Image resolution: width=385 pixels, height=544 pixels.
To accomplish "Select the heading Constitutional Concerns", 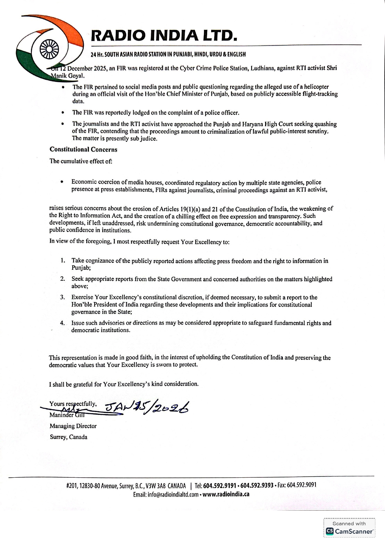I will pos(84,149).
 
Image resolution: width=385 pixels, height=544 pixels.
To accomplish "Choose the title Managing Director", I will pos(73,426).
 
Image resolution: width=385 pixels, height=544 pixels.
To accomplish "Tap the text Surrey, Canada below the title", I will pos(68,437).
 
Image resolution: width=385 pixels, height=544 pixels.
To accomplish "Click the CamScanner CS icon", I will pos(329,531).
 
